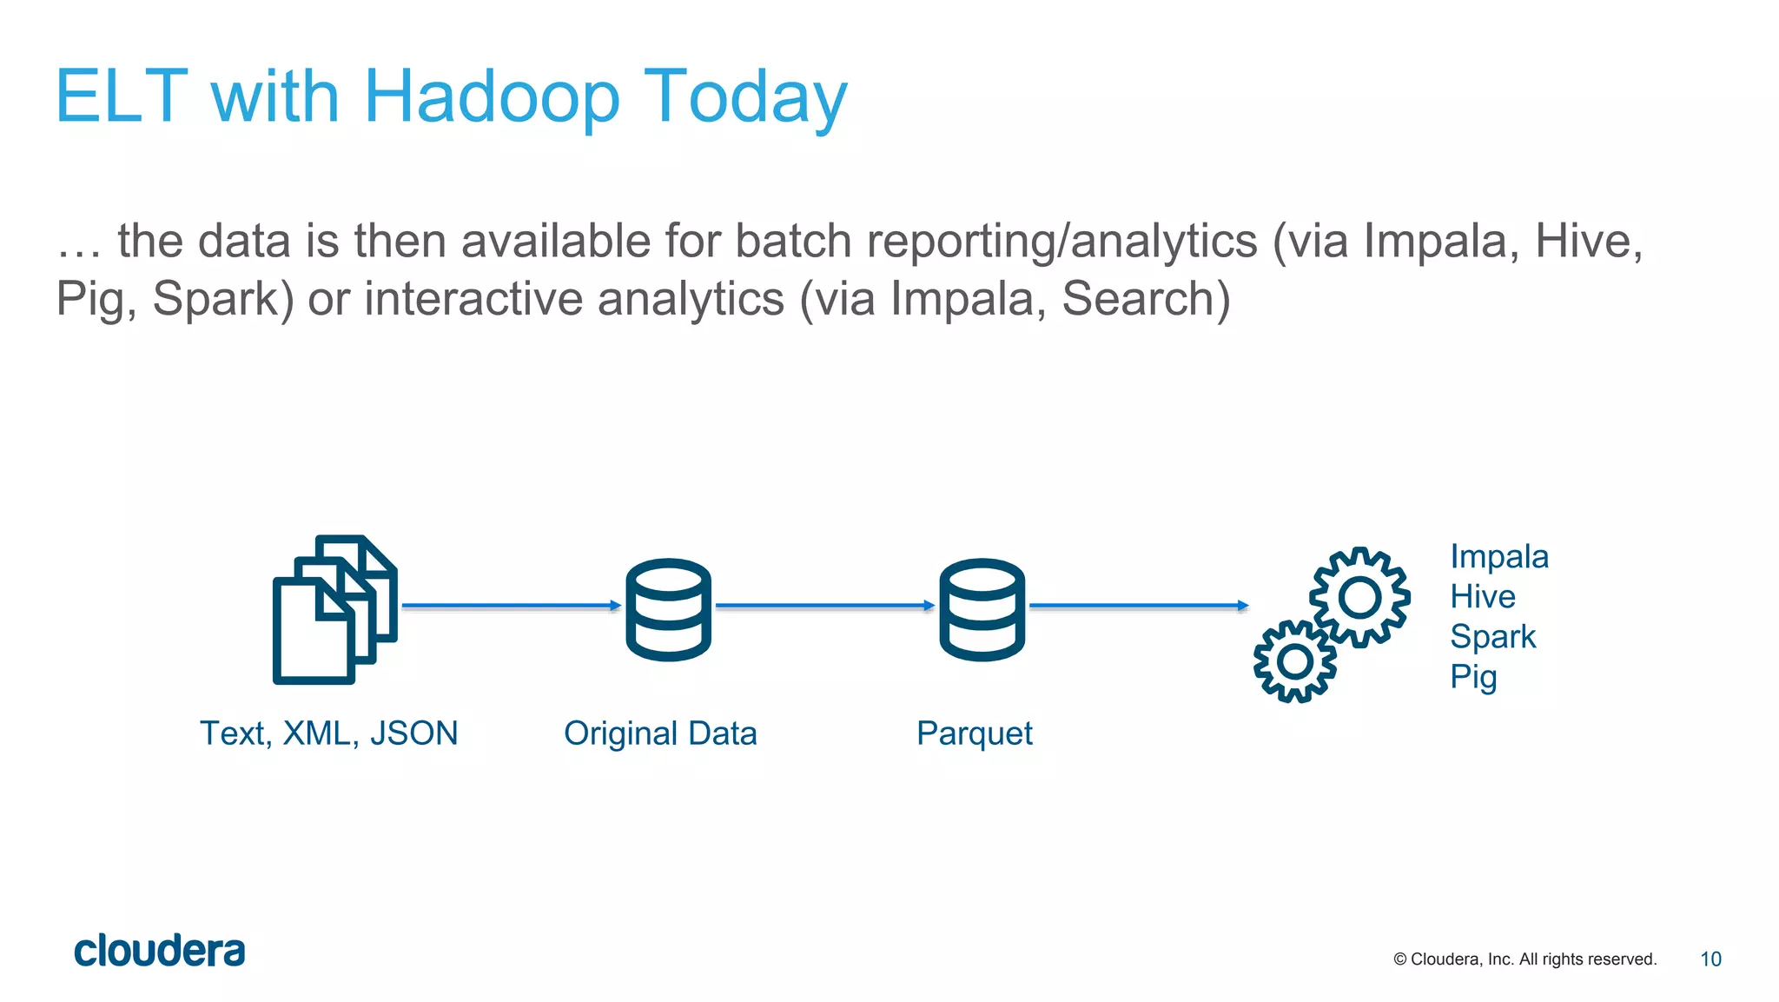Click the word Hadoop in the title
coord(492,97)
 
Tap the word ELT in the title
coord(122,97)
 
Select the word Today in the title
coord(744,97)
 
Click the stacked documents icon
coord(334,609)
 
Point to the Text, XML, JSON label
coord(328,733)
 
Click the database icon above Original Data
coord(668,609)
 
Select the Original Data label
coord(660,733)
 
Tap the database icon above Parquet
coord(982,609)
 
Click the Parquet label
coord(974,733)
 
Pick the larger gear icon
coord(1359,597)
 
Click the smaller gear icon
coord(1295,662)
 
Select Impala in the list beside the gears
coord(1498,556)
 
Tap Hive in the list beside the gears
coord(1482,596)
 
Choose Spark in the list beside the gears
coord(1492,636)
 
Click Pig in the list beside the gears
coord(1472,676)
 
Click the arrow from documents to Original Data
coord(511,605)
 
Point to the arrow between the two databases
coord(824,605)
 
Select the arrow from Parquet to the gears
coord(1138,605)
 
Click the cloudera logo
coord(160,951)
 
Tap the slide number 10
coord(1710,959)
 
